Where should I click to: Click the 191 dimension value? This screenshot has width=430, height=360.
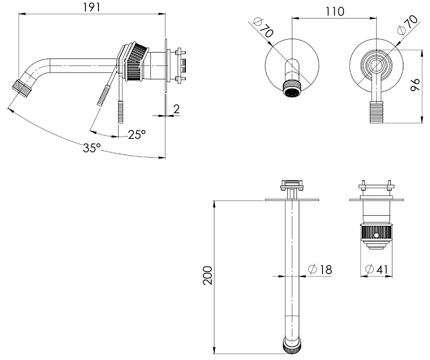(x=92, y=7)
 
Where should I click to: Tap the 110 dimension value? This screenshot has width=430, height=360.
(x=334, y=12)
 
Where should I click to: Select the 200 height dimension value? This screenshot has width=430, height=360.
(x=208, y=275)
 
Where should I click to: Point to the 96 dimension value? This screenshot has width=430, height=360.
(x=415, y=85)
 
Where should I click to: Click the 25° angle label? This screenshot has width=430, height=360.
(x=137, y=135)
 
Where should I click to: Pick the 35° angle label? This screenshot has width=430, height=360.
(x=92, y=148)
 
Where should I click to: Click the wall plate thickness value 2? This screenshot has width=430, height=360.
(x=176, y=109)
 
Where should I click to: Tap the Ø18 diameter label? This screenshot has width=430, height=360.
(x=320, y=270)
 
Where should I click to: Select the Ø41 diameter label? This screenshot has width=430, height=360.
(x=376, y=270)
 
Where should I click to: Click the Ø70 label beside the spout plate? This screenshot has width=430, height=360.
(x=263, y=27)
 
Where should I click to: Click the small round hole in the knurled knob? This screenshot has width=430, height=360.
(x=377, y=235)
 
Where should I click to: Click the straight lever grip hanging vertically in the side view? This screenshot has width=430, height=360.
(x=121, y=112)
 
